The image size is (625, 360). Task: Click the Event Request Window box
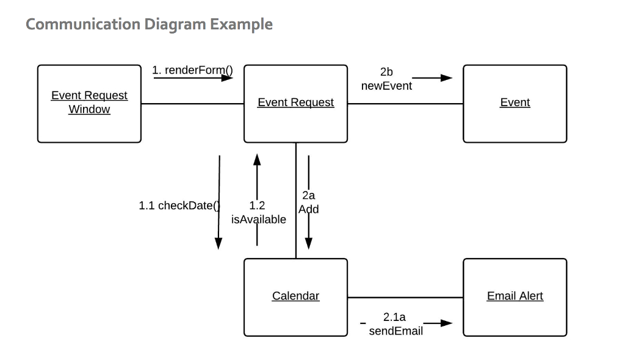point(89,104)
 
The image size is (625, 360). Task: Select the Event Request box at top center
point(295,104)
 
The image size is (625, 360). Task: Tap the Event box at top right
point(515,104)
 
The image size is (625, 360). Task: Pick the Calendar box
point(295,297)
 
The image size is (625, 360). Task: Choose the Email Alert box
point(515,297)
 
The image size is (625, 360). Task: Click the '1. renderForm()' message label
point(192,70)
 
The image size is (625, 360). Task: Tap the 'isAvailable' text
point(258,220)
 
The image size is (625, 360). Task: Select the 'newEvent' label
point(386,86)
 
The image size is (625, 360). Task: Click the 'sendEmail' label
point(396,331)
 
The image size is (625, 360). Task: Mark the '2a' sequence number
point(308,195)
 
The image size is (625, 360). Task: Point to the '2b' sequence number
point(386,72)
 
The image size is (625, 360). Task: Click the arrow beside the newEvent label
point(433,78)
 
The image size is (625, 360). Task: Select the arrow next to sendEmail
point(438,323)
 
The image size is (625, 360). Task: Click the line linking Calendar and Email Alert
point(405,298)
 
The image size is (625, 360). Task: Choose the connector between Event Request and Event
point(405,104)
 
